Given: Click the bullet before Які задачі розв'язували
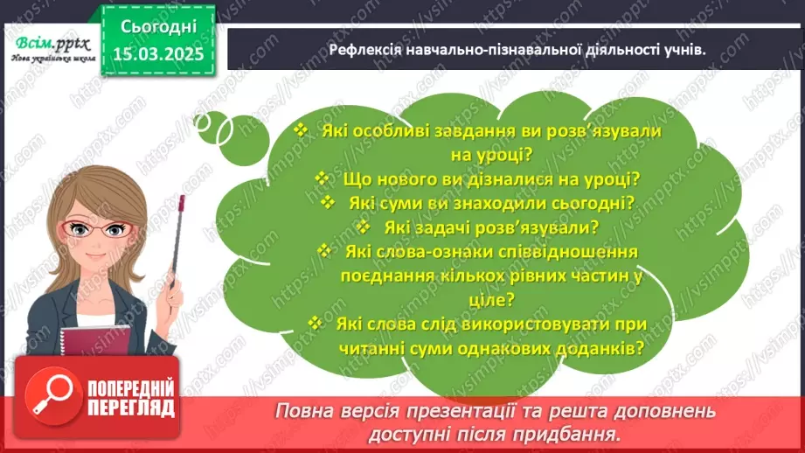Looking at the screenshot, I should [365, 227].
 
